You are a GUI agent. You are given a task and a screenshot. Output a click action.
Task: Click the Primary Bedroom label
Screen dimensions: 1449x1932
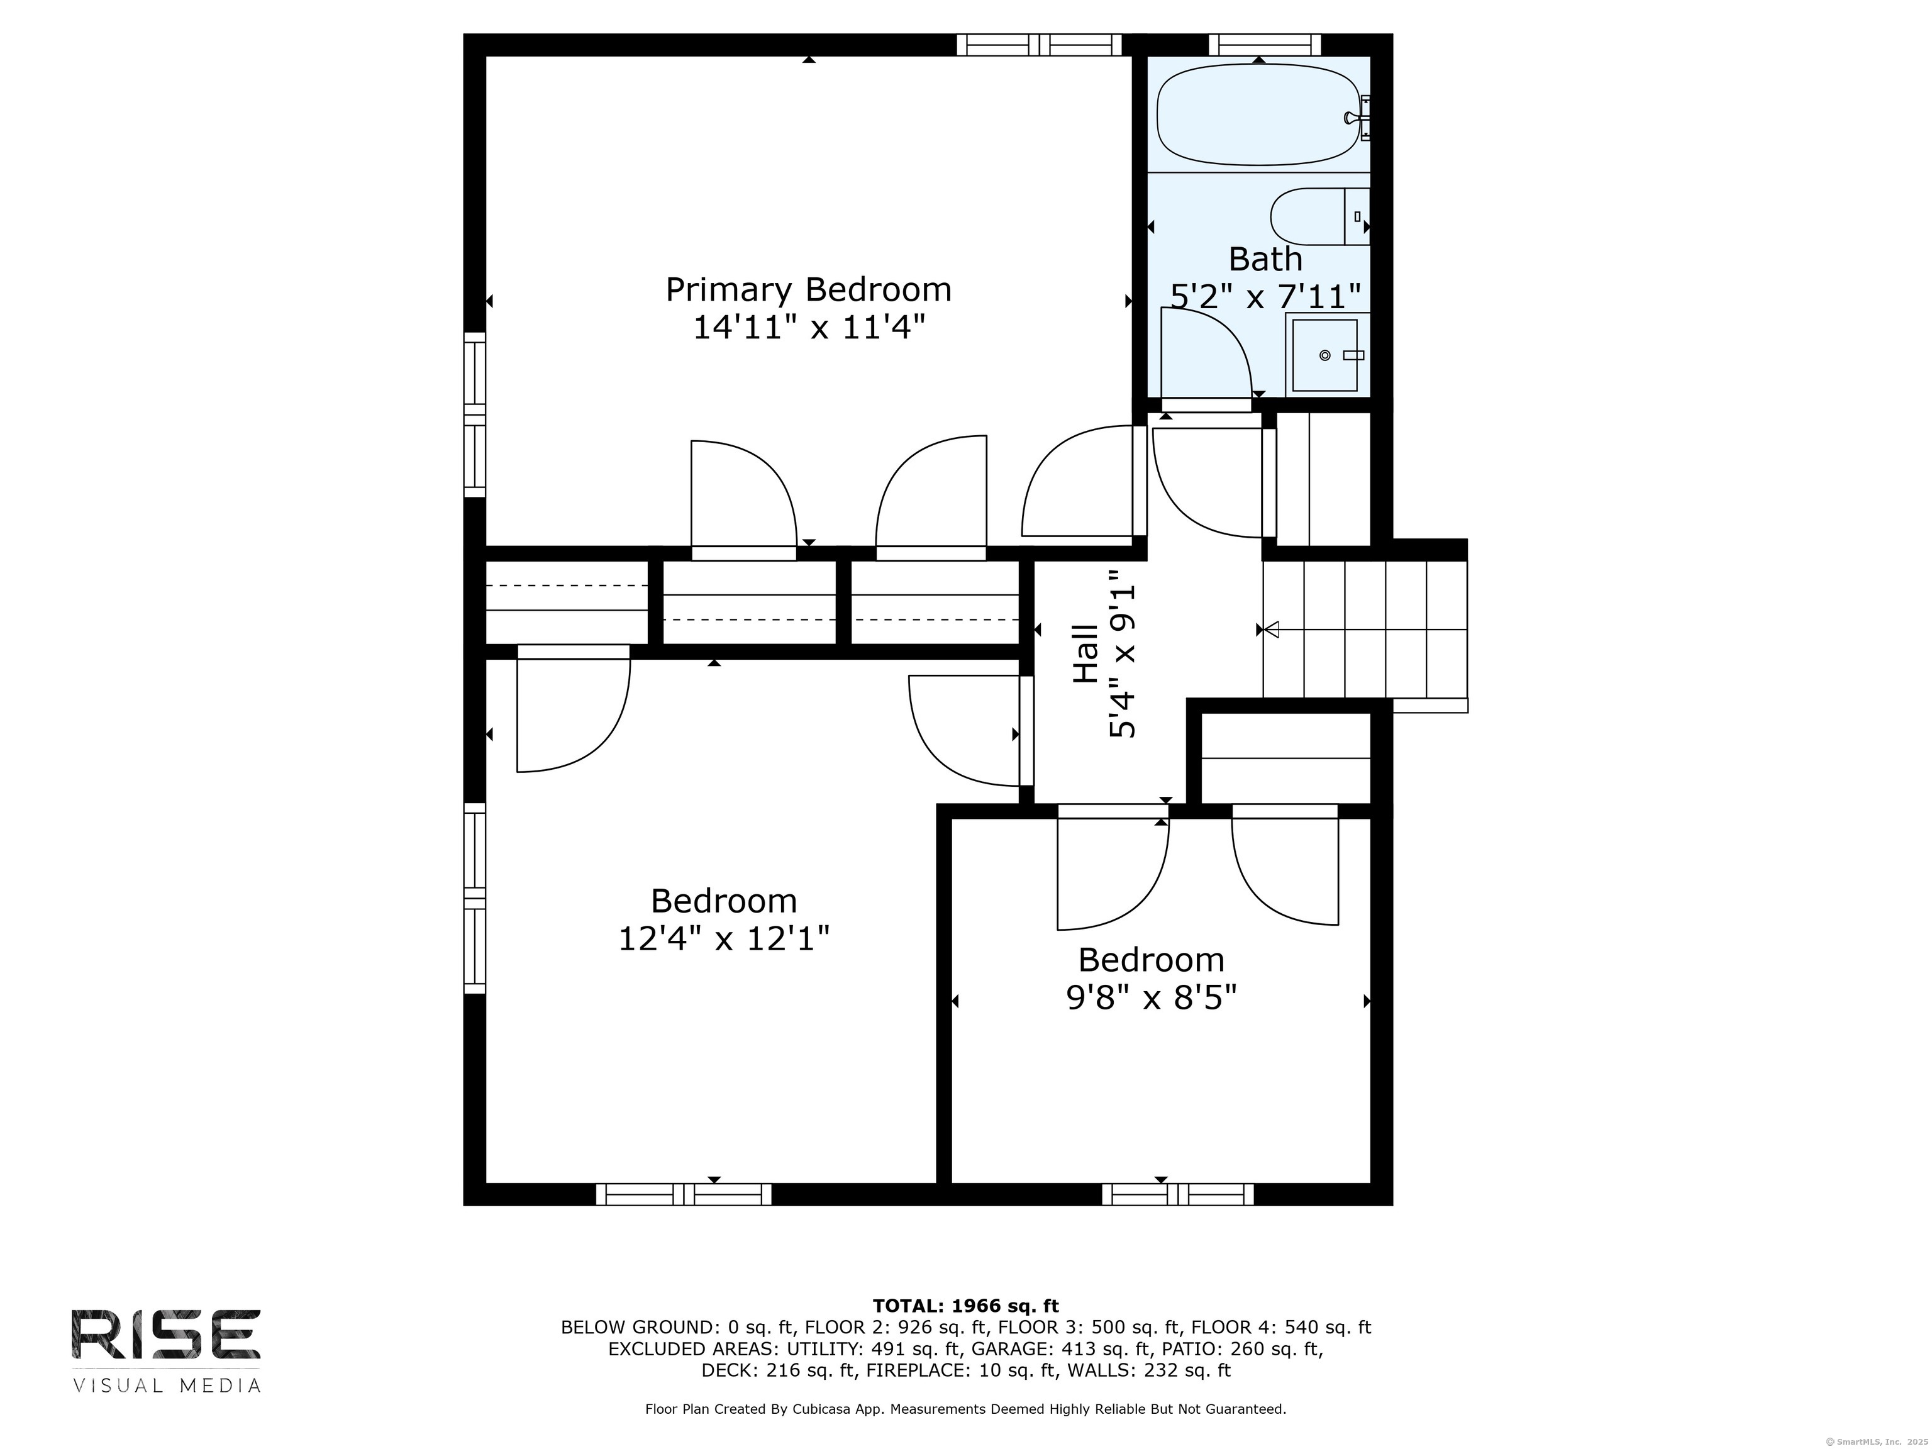pyautogui.click(x=808, y=289)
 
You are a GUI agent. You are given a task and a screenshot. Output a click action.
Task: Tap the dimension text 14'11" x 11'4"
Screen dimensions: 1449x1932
pyautogui.click(x=808, y=328)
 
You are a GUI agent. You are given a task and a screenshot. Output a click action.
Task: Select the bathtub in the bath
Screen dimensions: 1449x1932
pyautogui.click(x=1258, y=114)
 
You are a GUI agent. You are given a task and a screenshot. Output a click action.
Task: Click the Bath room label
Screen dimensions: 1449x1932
pyautogui.click(x=1265, y=259)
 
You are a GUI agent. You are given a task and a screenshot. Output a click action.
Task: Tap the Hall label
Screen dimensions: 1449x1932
pyautogui.click(x=1085, y=653)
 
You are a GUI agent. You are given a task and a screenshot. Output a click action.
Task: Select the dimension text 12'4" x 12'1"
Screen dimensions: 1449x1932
pyautogui.click(x=723, y=939)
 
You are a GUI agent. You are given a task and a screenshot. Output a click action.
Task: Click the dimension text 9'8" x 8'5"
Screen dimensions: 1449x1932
pyautogui.click(x=1151, y=997)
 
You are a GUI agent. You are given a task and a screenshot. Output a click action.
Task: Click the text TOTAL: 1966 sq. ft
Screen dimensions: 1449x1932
pyautogui.click(x=965, y=1306)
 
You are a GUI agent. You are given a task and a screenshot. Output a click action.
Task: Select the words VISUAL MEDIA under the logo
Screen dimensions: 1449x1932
pyautogui.click(x=166, y=1385)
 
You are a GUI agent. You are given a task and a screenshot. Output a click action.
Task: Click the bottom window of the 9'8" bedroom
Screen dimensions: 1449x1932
pyautogui.click(x=1177, y=1194)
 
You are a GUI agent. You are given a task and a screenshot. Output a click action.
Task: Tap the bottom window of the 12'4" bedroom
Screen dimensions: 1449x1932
pyautogui.click(x=684, y=1194)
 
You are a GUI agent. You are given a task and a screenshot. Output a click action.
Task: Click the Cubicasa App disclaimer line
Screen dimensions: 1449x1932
pyautogui.click(x=965, y=1409)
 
